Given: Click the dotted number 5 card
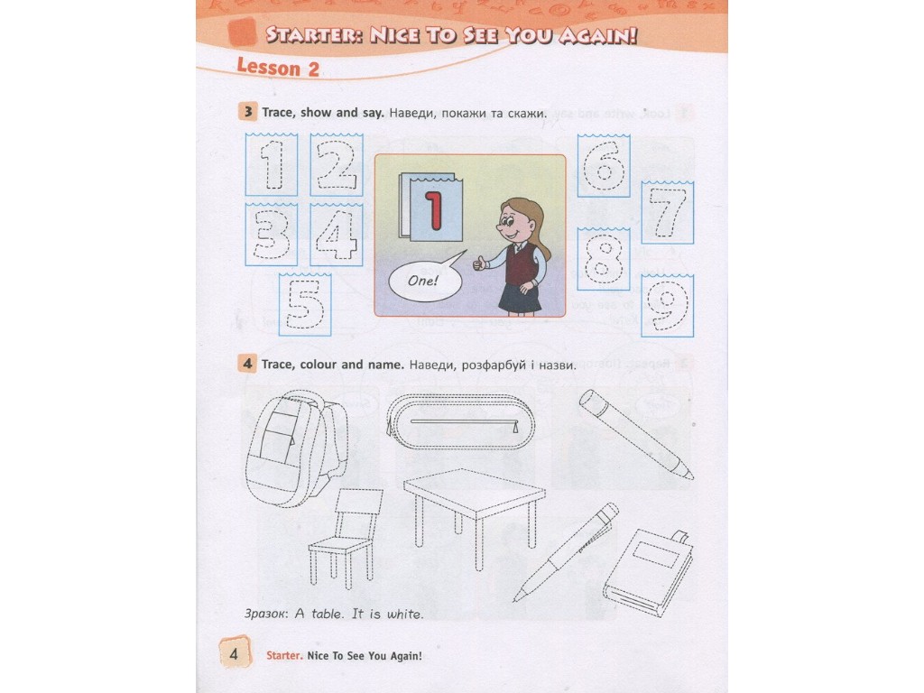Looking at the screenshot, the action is pos(305,305).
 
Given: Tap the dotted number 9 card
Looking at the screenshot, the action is pos(667,306).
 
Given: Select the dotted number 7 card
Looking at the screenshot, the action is pos(668,213).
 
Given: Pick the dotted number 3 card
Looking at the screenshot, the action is pos(271,235).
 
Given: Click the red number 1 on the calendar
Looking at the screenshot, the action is pos(434,210).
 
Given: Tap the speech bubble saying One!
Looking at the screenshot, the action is pos(425,280).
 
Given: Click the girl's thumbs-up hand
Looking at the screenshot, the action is pos(480,263).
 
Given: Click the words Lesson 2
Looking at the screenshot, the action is pos(278,67).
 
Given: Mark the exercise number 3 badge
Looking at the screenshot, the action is pos(247,111).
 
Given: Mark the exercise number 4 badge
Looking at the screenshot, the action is pos(247,364).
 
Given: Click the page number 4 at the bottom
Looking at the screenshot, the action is pos(234,653).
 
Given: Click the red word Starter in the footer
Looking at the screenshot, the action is pos(284,655).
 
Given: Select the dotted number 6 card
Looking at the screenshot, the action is pos(604,166).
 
